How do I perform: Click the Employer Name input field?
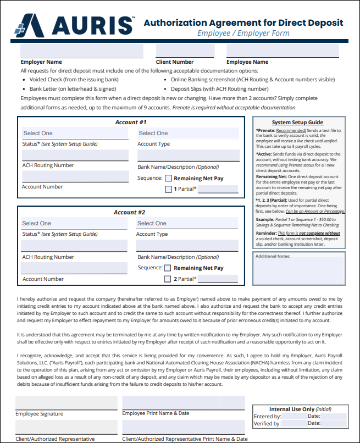(81, 51)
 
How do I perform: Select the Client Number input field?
(185, 51)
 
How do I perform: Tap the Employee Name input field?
(283, 51)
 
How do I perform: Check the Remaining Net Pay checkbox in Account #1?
(169, 178)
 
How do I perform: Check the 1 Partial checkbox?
(169, 190)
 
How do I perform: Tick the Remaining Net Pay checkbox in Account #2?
(168, 268)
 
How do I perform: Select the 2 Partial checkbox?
(168, 279)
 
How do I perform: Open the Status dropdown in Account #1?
(76, 133)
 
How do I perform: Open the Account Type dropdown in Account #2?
(187, 223)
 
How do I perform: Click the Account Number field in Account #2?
(75, 268)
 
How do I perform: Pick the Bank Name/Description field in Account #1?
(188, 155)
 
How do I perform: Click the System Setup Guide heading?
(297, 123)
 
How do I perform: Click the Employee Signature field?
(66, 403)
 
